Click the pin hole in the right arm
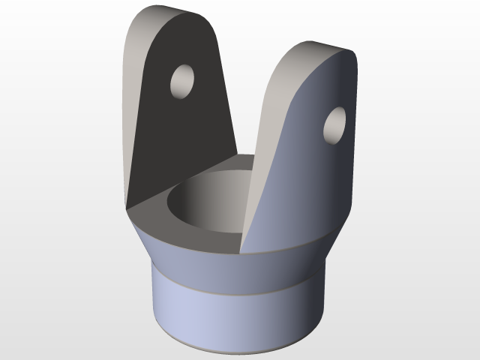coord(334,124)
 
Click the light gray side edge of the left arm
coord(135,112)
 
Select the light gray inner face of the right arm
coord(262,150)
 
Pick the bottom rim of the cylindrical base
coord(225,350)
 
